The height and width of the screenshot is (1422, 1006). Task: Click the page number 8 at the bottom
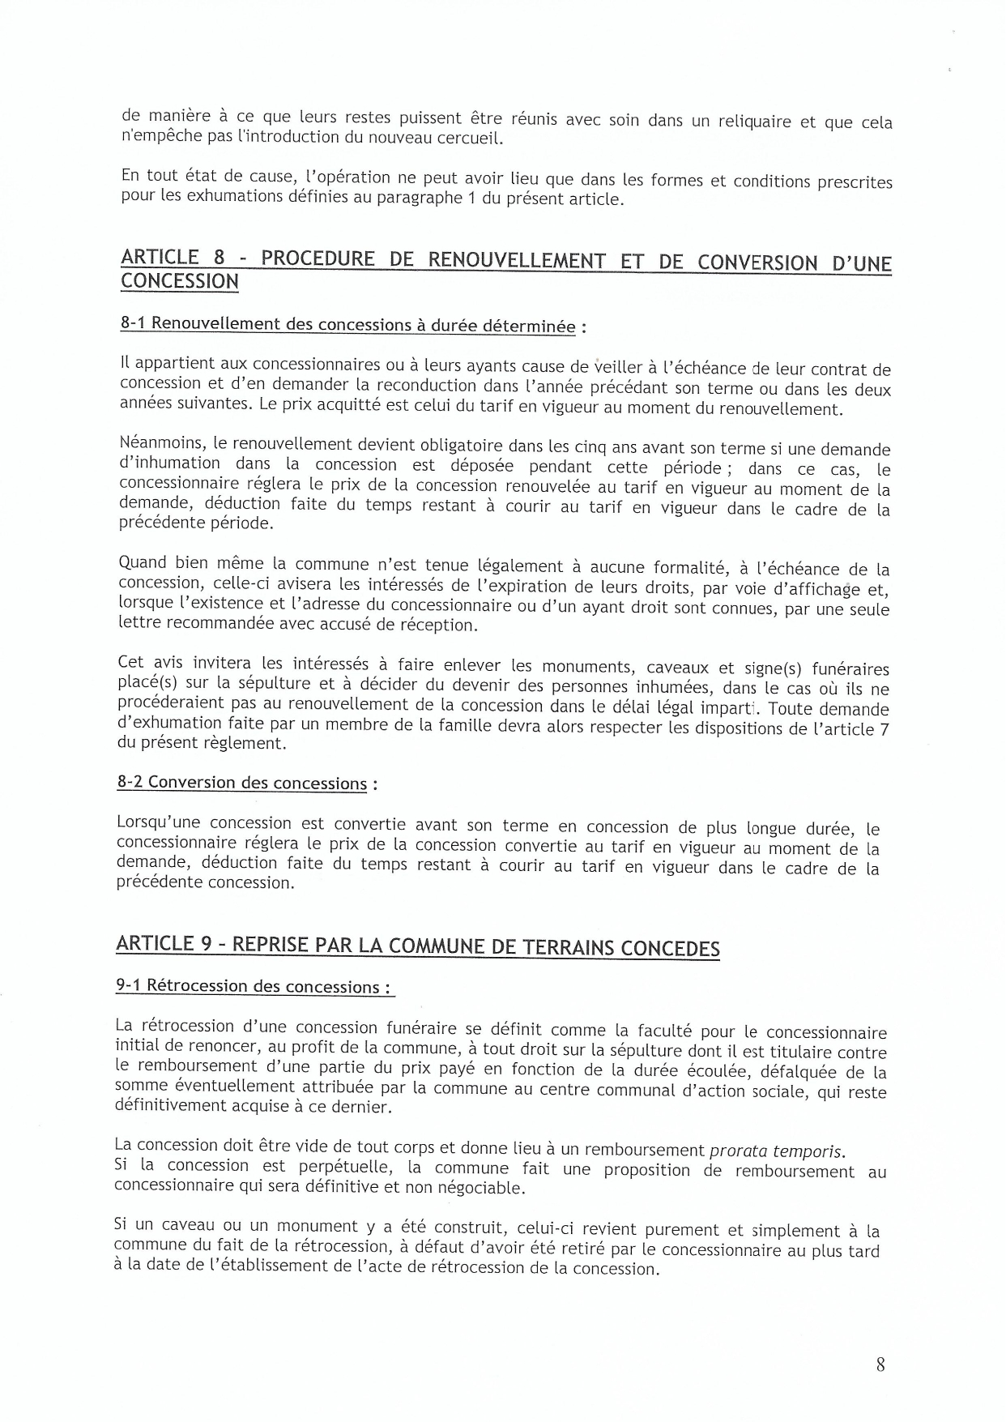pyautogui.click(x=880, y=1364)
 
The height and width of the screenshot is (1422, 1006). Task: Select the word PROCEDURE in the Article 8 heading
pyautogui.click(x=318, y=259)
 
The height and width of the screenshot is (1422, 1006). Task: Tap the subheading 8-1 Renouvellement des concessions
pyautogui.click(x=347, y=324)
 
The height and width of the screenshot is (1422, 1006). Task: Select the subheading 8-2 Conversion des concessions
pyautogui.click(x=242, y=783)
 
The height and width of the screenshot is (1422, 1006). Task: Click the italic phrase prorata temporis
pyautogui.click(x=776, y=1151)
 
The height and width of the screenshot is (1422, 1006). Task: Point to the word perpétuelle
pyautogui.click(x=346, y=1168)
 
